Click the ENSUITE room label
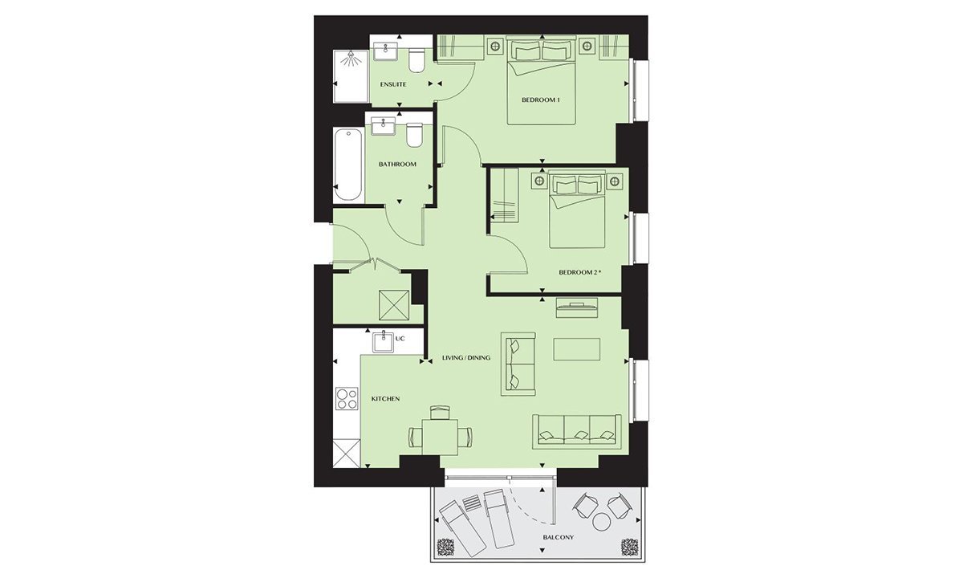tap(393, 84)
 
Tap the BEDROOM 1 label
tap(541, 100)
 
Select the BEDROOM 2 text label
tap(579, 272)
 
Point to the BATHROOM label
tap(397, 164)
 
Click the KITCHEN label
tap(386, 399)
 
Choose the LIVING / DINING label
tap(466, 357)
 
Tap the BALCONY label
tap(559, 537)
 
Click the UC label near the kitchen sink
tap(400, 339)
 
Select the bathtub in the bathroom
tap(348, 165)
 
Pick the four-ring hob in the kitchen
tap(347, 399)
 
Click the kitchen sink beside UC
tap(384, 342)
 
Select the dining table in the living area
tap(440, 437)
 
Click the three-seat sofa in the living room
tap(577, 432)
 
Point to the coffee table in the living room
tap(577, 349)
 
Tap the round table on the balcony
tap(600, 522)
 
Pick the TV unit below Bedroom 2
tap(576, 307)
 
